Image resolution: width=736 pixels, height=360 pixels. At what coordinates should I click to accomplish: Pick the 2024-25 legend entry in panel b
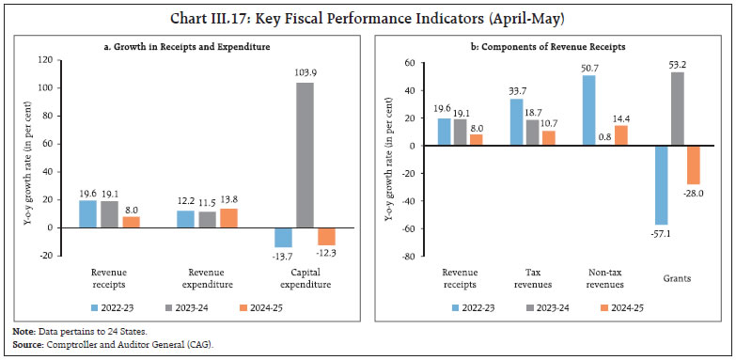pyautogui.click(x=634, y=305)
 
